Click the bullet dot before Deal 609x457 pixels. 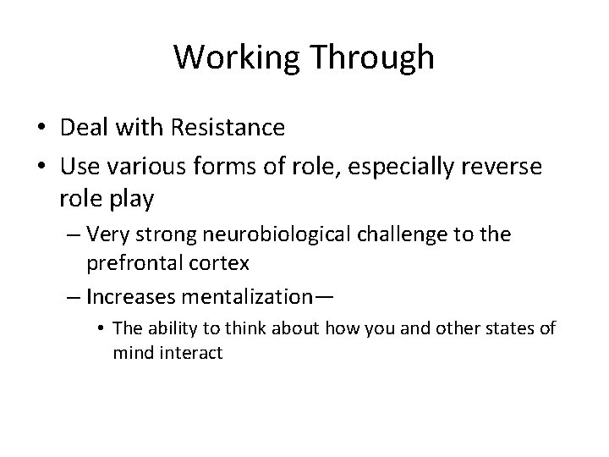click(x=41, y=129)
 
